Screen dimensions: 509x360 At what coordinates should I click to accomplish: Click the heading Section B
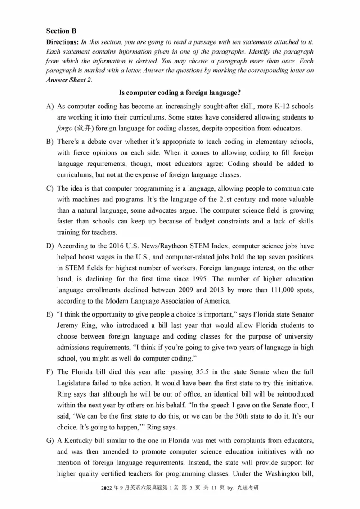pos(61,31)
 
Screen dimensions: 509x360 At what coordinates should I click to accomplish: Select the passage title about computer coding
pos(180,93)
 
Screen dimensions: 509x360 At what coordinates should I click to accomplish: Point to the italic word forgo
pos(66,127)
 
